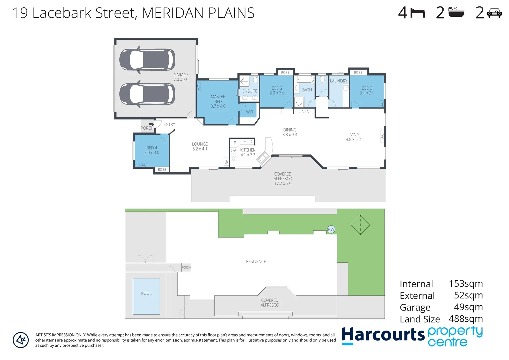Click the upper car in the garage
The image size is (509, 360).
tap(147, 60)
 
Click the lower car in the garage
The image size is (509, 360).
tap(147, 94)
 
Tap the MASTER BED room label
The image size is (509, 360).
tap(218, 99)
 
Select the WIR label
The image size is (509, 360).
tap(249, 112)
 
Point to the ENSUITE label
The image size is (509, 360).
tap(250, 91)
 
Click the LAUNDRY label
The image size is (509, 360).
tap(339, 81)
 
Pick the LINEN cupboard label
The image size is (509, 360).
tap(304, 111)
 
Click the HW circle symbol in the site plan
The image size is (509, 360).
tap(331, 229)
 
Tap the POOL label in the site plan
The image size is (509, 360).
tap(146, 293)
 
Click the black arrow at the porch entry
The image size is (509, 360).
tap(151, 124)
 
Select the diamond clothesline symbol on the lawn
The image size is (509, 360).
tap(360, 225)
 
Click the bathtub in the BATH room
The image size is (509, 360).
tap(305, 79)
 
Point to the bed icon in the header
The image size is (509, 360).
tap(418, 13)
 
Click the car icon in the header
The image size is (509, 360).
tap(494, 13)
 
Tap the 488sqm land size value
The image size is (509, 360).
tap(466, 319)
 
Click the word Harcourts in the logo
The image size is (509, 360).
tap(383, 335)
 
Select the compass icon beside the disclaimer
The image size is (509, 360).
tap(21, 340)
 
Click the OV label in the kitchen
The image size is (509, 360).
tap(233, 151)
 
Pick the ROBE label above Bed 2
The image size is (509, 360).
tap(285, 73)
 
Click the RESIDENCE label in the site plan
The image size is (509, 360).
tap(256, 262)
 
